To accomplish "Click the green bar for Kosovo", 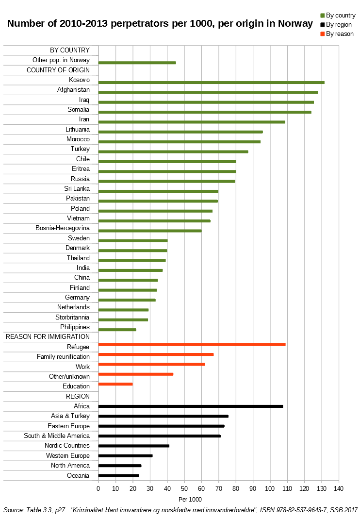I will [211, 83].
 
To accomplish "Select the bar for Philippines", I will [117, 330].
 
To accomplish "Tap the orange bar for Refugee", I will [192, 344].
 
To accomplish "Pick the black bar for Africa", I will [190, 406].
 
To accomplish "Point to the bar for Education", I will [115, 384].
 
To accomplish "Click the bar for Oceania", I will [118, 475].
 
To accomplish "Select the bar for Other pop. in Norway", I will [137, 63].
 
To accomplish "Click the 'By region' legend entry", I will [338, 24].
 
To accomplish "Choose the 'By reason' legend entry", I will [339, 34].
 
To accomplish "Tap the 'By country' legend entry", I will [340, 16].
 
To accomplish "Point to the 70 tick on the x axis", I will [218, 488].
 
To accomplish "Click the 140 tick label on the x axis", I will [339, 488].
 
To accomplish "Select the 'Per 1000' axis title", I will [190, 499].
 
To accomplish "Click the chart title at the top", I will [160, 23].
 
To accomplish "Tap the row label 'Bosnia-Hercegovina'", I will [63, 228].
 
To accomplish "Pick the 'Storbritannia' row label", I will [72, 317].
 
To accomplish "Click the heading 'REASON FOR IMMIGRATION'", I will [48, 336].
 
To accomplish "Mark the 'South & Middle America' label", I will [57, 436].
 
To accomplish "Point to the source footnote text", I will [180, 510].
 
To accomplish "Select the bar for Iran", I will [192, 122].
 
